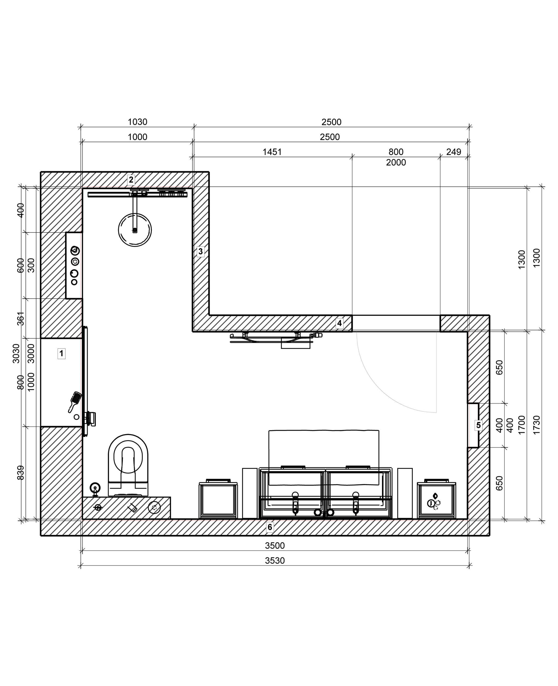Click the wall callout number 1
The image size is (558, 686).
(61, 353)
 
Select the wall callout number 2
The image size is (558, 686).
(131, 180)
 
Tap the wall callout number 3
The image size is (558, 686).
(201, 251)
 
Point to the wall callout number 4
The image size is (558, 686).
(340, 323)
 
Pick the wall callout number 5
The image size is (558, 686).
(478, 425)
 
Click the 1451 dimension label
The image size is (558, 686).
(272, 152)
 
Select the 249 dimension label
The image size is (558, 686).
(454, 152)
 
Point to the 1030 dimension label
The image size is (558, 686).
(138, 122)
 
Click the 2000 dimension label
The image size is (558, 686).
(396, 162)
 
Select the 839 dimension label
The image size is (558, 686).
(20, 473)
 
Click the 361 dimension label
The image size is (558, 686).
(20, 319)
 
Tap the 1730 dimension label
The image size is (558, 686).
(537, 425)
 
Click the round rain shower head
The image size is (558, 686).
(135, 230)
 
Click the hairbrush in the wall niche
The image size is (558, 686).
(75, 401)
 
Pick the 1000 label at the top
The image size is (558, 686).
(138, 137)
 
